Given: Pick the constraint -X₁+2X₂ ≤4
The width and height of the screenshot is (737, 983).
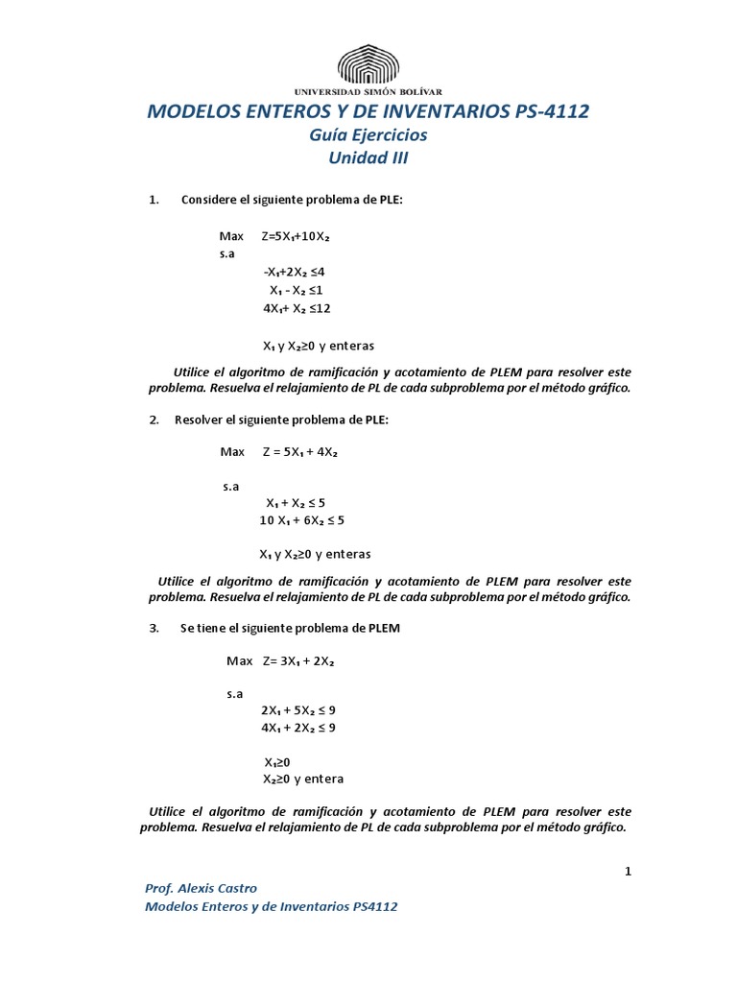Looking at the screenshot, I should point(300,272).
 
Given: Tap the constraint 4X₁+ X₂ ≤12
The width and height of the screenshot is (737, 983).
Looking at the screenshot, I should point(297,308).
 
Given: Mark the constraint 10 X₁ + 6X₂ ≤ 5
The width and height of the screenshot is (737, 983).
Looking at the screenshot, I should point(301,520).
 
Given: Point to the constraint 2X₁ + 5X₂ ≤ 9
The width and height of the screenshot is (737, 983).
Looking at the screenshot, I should point(297,710).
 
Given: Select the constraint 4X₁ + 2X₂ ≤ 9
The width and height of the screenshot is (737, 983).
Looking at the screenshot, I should point(297,728).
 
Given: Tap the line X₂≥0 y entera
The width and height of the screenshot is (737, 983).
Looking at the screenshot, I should point(303,779).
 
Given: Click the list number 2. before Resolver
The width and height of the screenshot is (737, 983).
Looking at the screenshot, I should point(154,420).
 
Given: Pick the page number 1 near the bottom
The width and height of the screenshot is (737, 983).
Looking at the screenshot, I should point(628,871).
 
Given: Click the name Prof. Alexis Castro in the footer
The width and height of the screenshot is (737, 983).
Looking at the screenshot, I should point(201,888).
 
